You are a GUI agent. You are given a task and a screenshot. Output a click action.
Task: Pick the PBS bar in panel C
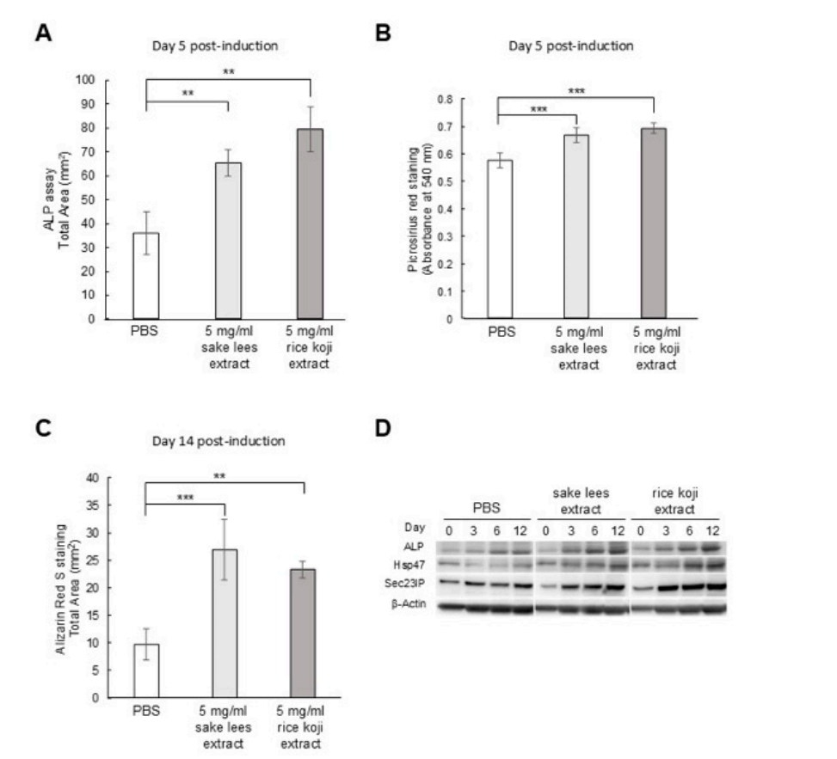click(145, 670)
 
